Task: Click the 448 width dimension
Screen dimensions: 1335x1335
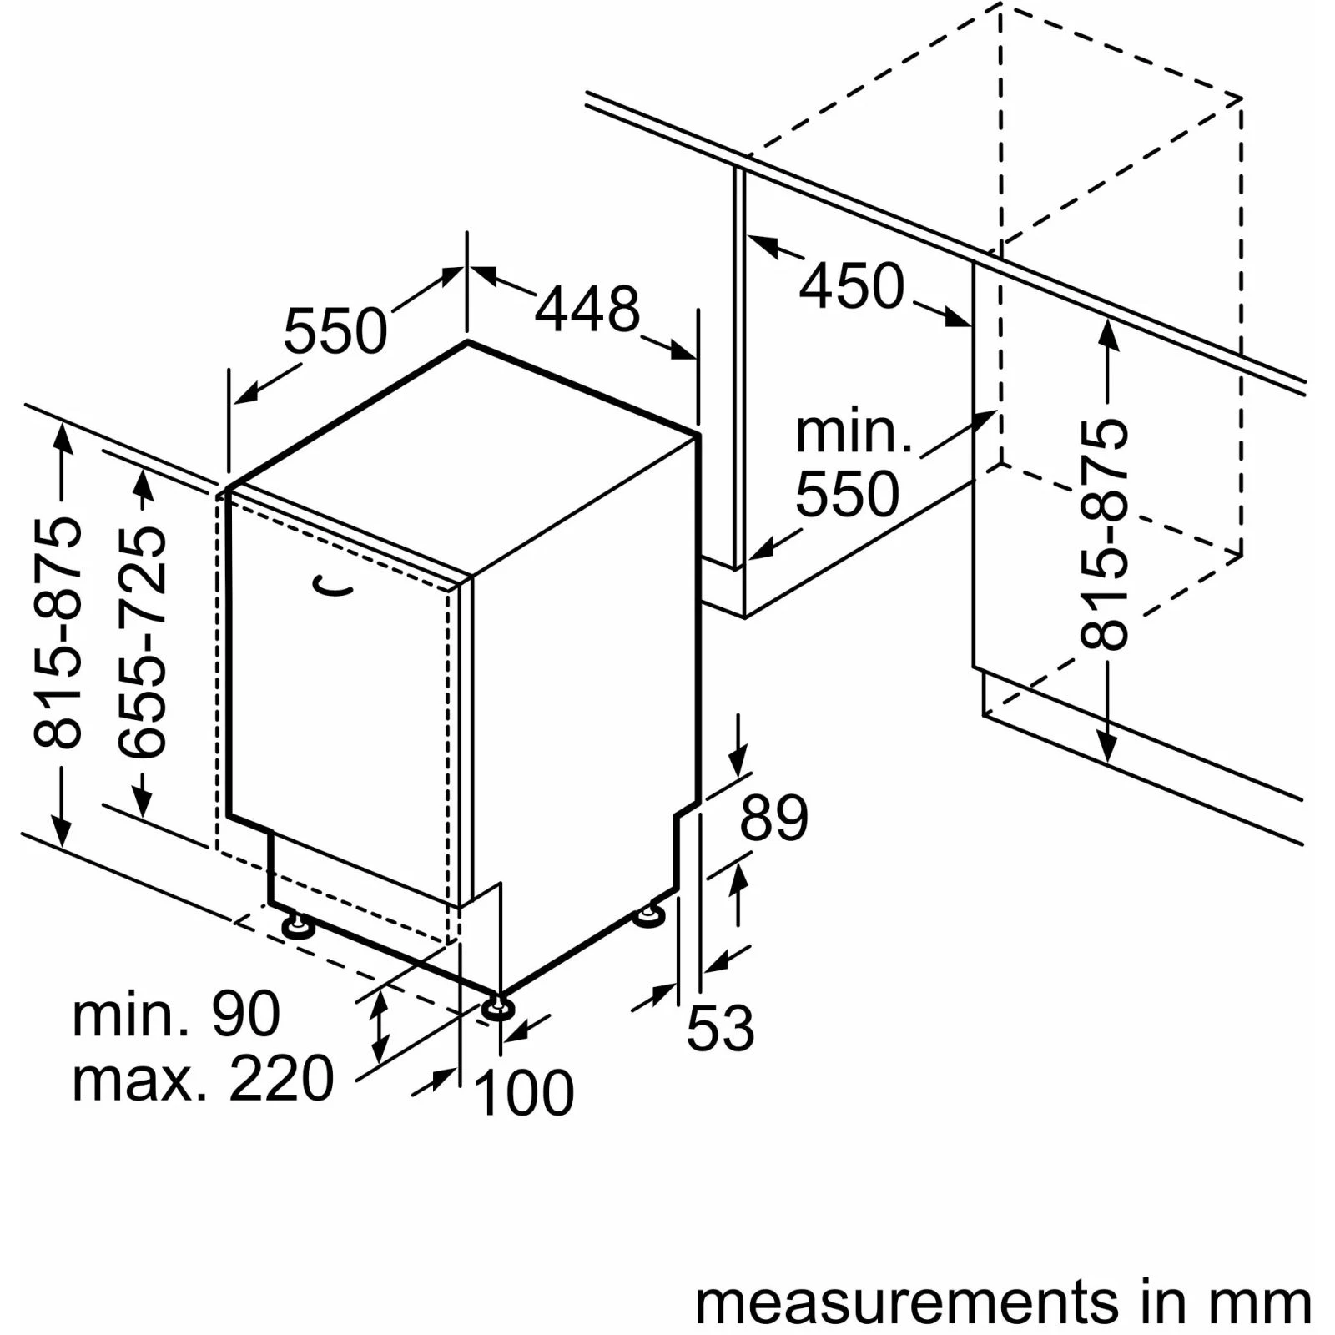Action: click(x=587, y=310)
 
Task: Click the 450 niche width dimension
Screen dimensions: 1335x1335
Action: click(x=852, y=286)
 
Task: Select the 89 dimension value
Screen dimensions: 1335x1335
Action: click(x=773, y=818)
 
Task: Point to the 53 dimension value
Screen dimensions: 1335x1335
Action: click(x=720, y=1028)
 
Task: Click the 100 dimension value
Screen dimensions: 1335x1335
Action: click(x=524, y=1092)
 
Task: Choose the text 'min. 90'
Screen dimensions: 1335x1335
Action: click(x=176, y=1015)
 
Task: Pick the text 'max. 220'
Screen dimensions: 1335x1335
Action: click(x=203, y=1079)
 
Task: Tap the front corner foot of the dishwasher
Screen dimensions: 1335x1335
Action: click(x=498, y=1008)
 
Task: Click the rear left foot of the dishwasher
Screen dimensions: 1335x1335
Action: click(x=296, y=925)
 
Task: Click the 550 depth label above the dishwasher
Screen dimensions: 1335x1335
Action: click(x=335, y=331)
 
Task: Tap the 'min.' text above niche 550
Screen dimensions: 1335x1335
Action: click(x=854, y=432)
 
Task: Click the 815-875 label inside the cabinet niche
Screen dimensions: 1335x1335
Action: click(x=1104, y=535)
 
